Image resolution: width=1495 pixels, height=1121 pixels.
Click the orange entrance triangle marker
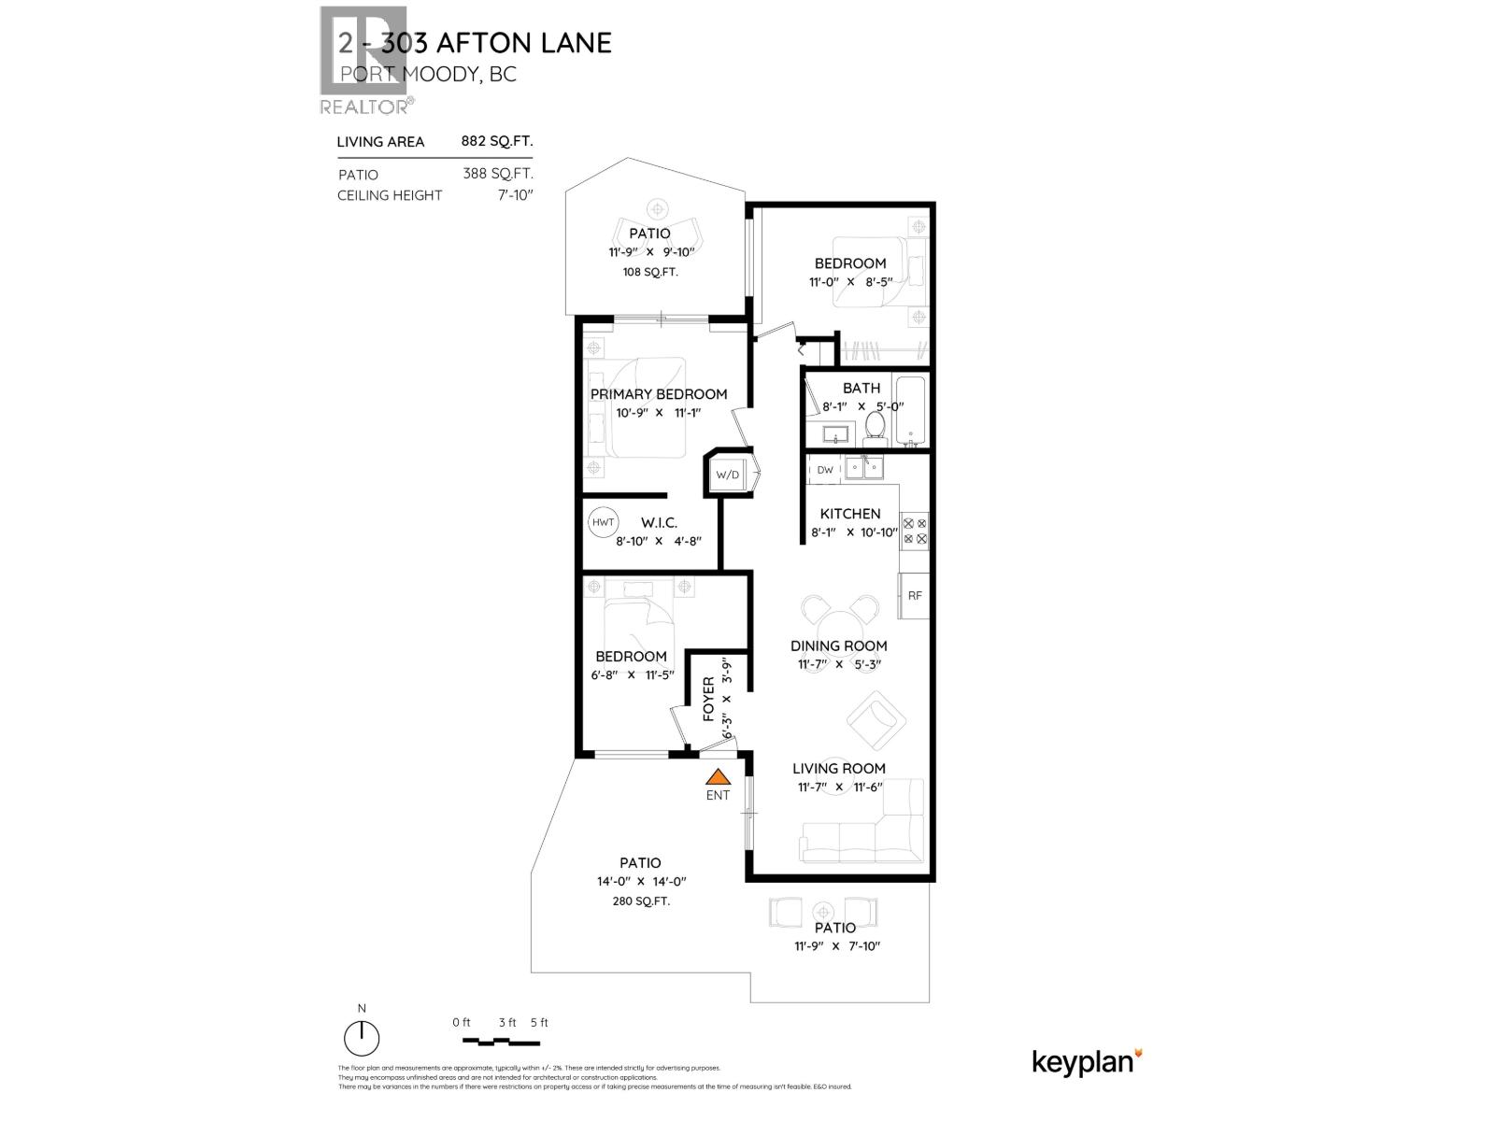[718, 776]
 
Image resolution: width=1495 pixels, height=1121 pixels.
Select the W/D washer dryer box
[727, 475]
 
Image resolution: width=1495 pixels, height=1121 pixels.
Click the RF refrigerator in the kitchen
[915, 595]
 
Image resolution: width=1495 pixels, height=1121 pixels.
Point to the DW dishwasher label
[825, 470]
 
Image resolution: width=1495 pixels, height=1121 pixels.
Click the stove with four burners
[914, 531]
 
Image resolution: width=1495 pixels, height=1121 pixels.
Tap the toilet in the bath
[876, 426]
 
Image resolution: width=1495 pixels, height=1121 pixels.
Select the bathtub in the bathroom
[909, 411]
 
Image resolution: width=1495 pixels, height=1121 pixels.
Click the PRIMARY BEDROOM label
[658, 394]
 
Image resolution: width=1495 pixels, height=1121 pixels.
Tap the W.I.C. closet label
[659, 523]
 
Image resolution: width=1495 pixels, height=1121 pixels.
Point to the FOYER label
[707, 700]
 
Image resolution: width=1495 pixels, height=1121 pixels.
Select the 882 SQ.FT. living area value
[496, 141]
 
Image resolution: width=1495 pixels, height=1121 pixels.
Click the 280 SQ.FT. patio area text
[639, 901]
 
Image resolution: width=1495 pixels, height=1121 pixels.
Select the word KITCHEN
[850, 514]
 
